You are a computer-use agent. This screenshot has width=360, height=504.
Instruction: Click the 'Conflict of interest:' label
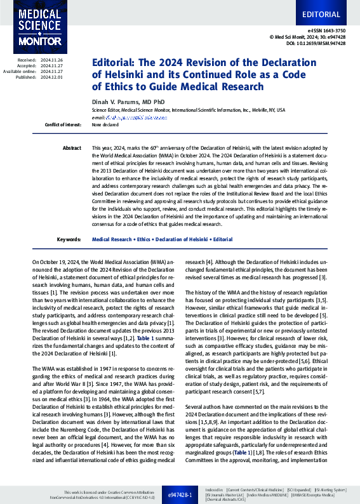point(63,125)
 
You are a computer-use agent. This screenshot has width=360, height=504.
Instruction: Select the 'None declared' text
point(105,125)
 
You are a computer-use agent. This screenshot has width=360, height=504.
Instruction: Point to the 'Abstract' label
point(72,148)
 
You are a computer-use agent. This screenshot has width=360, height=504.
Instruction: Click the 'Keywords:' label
point(69,240)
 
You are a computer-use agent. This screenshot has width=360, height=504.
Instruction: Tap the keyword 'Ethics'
point(145,240)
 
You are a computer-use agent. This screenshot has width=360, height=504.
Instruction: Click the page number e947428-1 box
point(180,494)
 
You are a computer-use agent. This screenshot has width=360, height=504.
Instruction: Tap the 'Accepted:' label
point(26,65)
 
